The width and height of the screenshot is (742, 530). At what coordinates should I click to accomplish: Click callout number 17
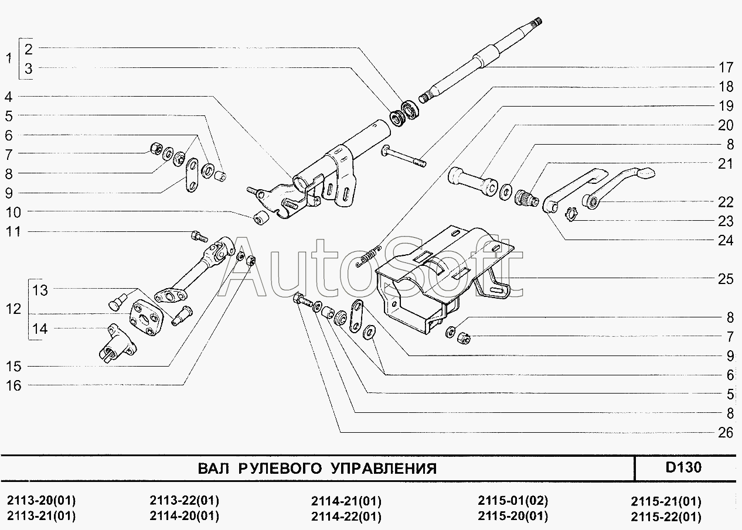[726, 66]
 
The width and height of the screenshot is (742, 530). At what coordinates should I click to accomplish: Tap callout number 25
[726, 279]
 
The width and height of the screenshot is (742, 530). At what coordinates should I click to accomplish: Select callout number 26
[726, 433]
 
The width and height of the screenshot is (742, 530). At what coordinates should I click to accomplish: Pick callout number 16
[13, 385]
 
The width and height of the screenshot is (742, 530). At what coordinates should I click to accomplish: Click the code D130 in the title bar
[683, 468]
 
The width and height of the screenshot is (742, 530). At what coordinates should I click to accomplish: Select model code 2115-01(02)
[513, 501]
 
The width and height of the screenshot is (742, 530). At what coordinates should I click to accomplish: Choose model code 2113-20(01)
[41, 501]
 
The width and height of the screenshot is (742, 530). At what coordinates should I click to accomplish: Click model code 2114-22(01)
[346, 517]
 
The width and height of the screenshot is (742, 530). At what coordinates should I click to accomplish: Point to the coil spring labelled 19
[368, 257]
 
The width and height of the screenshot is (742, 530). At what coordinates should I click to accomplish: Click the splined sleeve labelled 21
[526, 199]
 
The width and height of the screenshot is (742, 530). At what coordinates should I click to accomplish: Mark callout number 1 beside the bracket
[8, 58]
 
